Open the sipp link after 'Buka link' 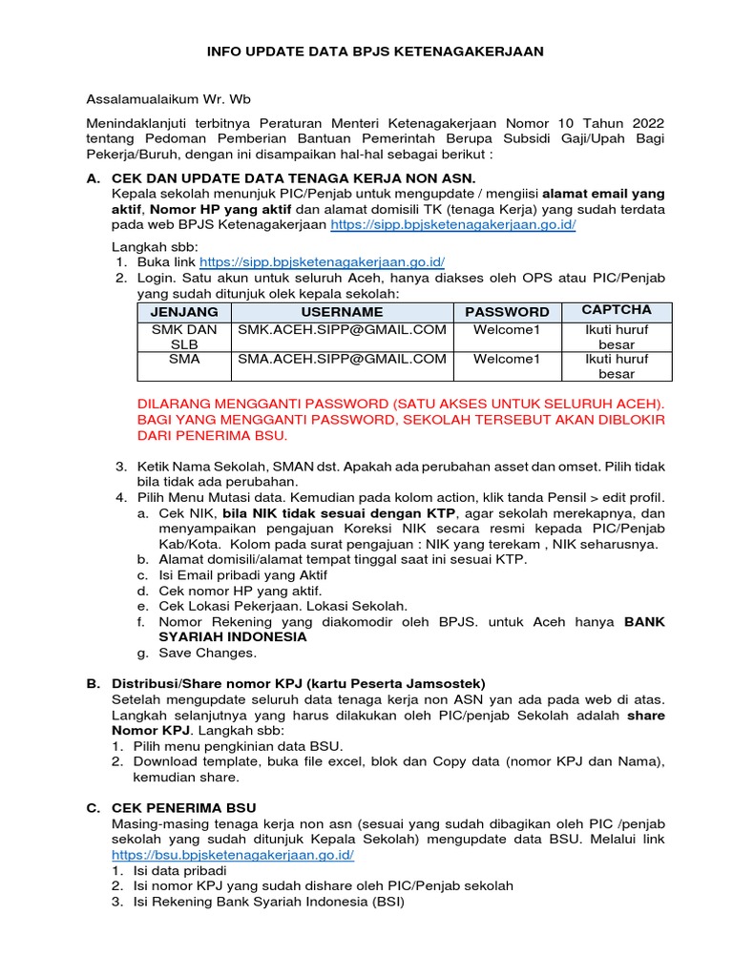click(323, 260)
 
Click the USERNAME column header click(342, 312)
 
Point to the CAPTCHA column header click(617, 310)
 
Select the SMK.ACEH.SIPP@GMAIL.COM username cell click(342, 330)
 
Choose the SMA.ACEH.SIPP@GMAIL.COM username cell click(342, 360)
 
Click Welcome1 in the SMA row click(507, 360)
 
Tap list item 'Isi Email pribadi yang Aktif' click(243, 574)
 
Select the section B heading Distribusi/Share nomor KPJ click(299, 684)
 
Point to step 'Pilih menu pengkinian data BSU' click(238, 745)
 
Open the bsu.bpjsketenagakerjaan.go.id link click(233, 854)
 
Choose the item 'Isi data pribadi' click(180, 870)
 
